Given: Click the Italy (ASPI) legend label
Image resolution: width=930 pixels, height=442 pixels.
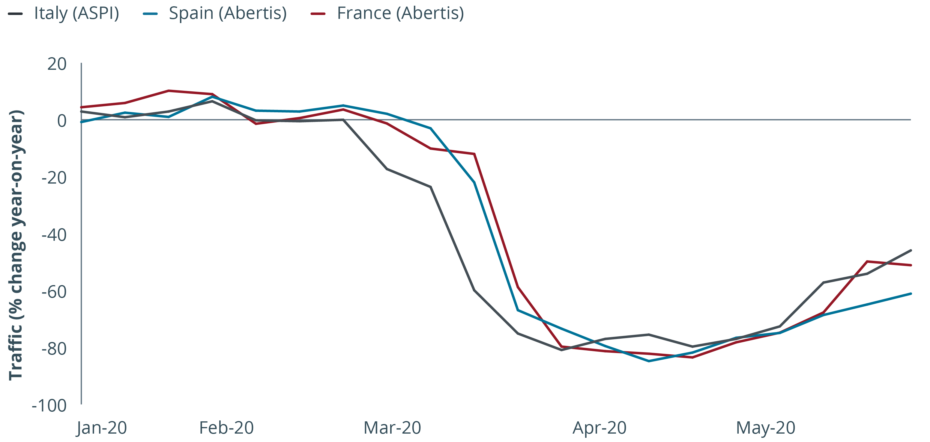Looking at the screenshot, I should pos(76,14).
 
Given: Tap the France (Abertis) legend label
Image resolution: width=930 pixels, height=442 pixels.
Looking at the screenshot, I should pos(400,14).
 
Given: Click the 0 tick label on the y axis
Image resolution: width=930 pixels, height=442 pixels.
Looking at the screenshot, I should pos(62,121).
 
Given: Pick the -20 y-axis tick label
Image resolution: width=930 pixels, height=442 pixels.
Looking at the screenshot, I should pos(54,178).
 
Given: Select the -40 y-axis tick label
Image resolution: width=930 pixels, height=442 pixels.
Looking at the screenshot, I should pos(54,235).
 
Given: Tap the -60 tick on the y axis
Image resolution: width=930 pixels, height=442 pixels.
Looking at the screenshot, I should pos(54,292).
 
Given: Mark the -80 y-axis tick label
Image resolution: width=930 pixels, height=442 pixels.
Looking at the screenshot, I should pos(54,349).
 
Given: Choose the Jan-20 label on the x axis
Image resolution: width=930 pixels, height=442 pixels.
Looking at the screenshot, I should pos(102,428).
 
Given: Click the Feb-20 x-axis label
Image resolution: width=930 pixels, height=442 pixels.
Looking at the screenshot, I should pos(226,428).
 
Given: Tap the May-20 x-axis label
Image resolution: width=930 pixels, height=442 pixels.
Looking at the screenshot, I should pos(765,428).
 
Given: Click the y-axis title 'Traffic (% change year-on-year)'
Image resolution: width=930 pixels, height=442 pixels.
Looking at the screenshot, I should pos(16,245).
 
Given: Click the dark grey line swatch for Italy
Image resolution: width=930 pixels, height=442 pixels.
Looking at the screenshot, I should pos(16,14).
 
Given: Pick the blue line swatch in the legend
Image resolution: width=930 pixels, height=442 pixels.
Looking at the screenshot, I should pos(150,14).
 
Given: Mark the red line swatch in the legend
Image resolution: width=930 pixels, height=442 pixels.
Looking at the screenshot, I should pos(318,14).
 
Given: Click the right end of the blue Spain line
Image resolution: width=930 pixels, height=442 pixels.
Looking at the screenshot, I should pos(911,293).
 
